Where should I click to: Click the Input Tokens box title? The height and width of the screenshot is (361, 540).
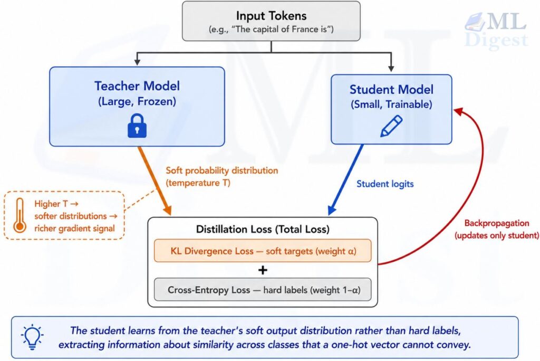(x=271, y=16)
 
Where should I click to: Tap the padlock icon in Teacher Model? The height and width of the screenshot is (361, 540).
(x=137, y=126)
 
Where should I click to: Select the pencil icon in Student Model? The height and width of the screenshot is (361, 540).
(x=391, y=126)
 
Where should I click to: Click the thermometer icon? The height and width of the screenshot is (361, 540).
(x=20, y=215)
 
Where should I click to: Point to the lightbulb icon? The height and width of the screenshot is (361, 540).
(x=32, y=337)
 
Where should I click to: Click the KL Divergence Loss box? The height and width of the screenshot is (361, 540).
(x=263, y=251)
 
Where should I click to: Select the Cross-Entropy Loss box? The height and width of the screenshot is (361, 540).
(x=263, y=290)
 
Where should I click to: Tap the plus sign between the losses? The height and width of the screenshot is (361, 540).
(x=263, y=270)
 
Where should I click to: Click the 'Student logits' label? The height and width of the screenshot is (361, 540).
(x=385, y=184)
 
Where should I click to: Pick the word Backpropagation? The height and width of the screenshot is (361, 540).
(x=497, y=223)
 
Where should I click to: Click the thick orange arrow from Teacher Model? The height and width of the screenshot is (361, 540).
(x=155, y=180)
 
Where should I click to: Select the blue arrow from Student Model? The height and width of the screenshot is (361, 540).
(x=345, y=179)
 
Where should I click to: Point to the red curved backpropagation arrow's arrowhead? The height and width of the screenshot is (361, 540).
(x=458, y=111)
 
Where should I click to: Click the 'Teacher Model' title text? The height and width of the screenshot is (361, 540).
(x=137, y=86)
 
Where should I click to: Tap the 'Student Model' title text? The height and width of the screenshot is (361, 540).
(x=391, y=90)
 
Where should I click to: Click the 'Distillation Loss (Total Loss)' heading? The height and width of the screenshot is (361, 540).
(x=263, y=229)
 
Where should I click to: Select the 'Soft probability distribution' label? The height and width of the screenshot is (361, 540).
(x=222, y=170)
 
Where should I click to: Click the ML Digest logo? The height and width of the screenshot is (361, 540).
(x=496, y=30)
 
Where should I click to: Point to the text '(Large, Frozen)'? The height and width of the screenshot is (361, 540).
(x=137, y=101)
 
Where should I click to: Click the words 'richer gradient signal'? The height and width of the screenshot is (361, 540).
(x=74, y=228)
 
